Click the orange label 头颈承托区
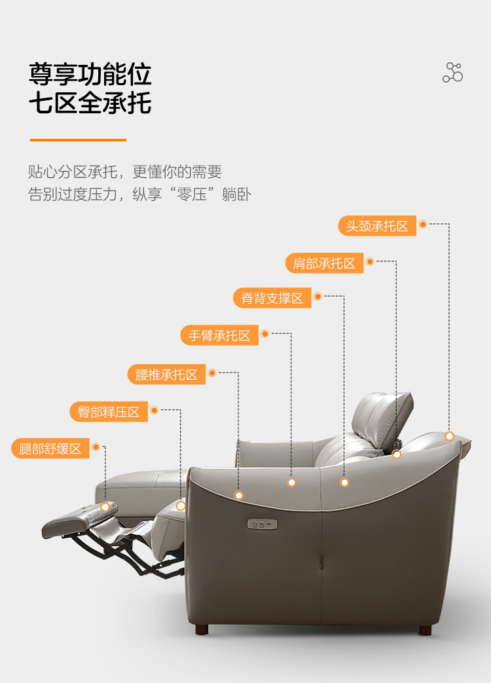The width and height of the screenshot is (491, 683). [377, 226]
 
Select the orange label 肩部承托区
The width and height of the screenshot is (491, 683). [324, 263]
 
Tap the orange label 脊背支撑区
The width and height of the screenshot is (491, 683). [272, 299]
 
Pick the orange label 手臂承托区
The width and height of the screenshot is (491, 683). [219, 335]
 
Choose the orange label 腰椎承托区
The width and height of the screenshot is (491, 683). [166, 375]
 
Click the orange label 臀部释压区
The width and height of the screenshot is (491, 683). [109, 412]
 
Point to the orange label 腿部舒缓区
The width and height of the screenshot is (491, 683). [50, 449]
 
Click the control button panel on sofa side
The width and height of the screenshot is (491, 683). [263, 524]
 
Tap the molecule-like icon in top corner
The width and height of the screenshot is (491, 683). [452, 73]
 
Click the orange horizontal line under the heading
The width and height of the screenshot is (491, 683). [78, 139]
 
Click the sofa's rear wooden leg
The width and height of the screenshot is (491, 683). [426, 631]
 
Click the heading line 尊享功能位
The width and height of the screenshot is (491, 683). [90, 74]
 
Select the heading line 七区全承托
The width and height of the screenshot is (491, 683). [90, 103]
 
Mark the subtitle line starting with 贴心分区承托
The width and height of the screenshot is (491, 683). [125, 172]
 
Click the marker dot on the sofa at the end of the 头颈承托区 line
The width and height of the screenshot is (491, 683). [449, 436]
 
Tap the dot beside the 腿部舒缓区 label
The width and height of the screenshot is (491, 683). [96, 447]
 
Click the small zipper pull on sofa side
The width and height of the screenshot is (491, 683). [321, 562]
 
